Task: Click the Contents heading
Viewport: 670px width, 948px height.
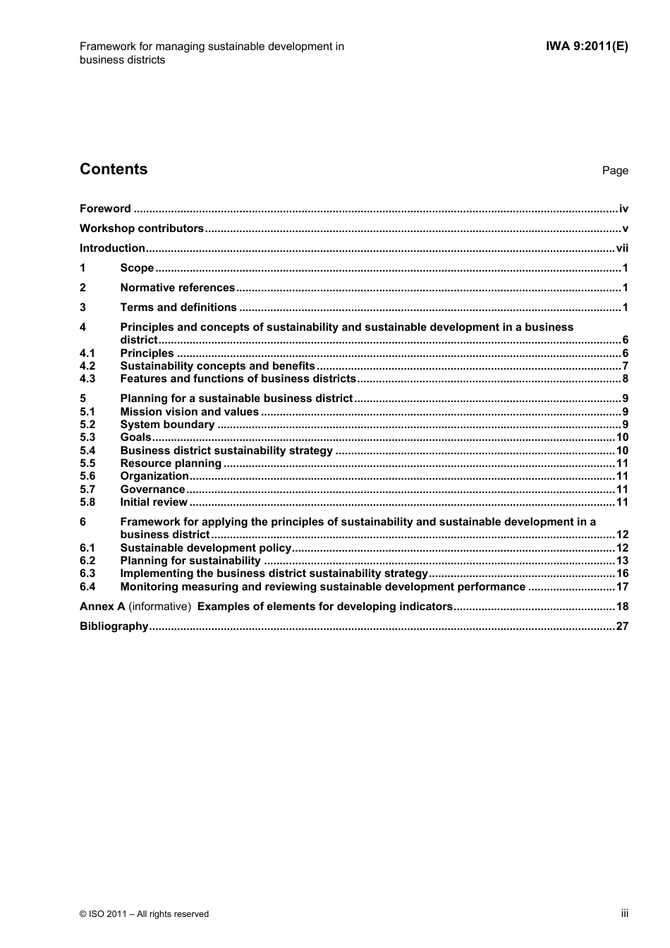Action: [x=114, y=169]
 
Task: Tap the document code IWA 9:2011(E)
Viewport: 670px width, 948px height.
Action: [x=586, y=47]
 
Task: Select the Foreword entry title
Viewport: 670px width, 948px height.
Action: [x=105, y=209]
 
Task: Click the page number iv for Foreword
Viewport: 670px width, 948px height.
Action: [x=623, y=209]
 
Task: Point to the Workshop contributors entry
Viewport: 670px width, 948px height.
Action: [x=141, y=229]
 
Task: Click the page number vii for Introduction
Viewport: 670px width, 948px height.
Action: [x=621, y=248]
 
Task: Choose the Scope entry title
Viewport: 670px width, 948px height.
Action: [x=137, y=268]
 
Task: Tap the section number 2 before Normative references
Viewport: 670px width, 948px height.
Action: [x=83, y=288]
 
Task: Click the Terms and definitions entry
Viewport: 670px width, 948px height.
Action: [x=178, y=308]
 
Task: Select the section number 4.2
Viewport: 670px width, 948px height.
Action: [x=87, y=366]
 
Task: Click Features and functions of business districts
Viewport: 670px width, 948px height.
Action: [x=238, y=379]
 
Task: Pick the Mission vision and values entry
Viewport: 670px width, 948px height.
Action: [x=189, y=412]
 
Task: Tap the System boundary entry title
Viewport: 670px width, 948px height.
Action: [x=167, y=425]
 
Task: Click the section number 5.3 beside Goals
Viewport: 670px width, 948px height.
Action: [x=87, y=437]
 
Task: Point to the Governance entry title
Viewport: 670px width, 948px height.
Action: [x=152, y=490]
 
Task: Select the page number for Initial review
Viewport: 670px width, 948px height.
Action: [x=621, y=502]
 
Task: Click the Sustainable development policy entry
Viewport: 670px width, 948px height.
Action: [x=205, y=548]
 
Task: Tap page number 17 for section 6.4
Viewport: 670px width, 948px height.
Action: [x=621, y=587]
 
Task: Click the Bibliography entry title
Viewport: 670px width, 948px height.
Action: [x=114, y=626]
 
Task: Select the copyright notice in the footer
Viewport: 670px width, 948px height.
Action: [x=144, y=914]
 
